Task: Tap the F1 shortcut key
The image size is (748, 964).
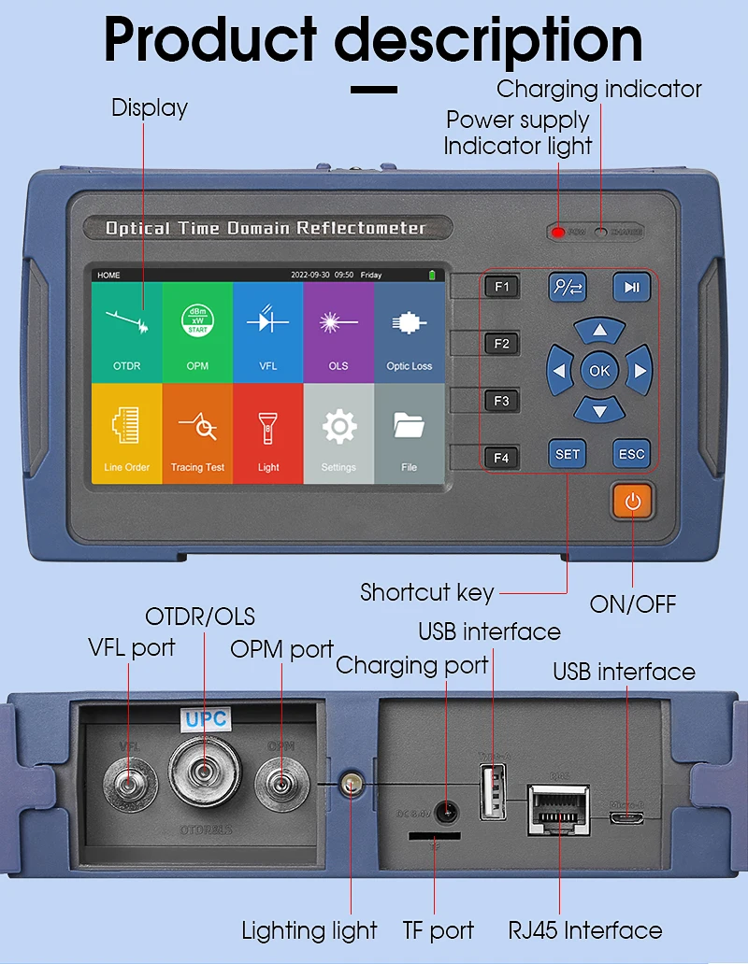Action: (x=502, y=287)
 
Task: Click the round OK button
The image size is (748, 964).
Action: (x=599, y=371)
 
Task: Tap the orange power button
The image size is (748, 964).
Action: (x=633, y=502)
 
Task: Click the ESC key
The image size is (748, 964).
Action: (x=632, y=454)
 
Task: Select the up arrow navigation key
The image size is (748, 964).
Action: (x=599, y=331)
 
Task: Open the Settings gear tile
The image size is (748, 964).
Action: (x=338, y=433)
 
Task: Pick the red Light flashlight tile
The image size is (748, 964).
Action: (x=268, y=433)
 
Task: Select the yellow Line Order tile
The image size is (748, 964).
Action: (x=127, y=433)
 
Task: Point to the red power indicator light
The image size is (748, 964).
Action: (x=558, y=232)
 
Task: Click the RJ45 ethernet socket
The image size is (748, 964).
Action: (x=558, y=806)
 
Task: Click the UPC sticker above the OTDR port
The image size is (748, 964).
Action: (x=206, y=720)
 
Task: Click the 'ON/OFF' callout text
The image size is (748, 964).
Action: (x=633, y=604)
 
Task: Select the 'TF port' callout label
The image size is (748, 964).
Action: (x=439, y=930)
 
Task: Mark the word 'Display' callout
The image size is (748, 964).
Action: (x=150, y=107)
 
